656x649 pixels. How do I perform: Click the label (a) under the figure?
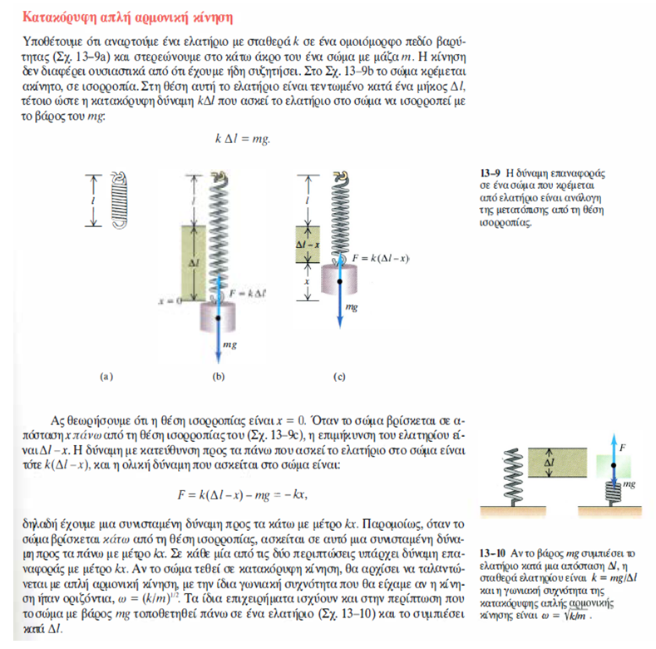click(106, 376)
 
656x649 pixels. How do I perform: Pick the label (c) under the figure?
click(338, 376)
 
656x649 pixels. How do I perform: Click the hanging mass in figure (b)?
click(218, 315)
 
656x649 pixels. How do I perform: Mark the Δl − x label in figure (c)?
click(308, 246)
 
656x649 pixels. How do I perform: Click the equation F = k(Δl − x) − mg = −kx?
click(244, 495)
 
